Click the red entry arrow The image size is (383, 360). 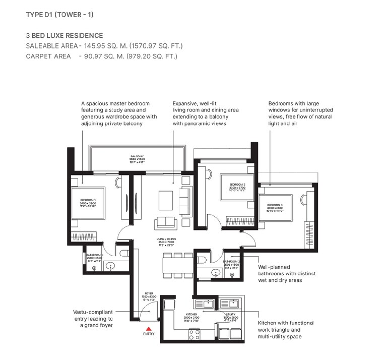148,328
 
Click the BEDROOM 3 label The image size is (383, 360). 275,207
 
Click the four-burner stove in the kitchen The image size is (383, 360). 194,333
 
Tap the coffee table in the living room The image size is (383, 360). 166,200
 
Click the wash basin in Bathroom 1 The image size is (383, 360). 112,265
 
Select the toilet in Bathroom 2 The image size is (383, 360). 202,259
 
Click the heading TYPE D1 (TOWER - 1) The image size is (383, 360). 59,15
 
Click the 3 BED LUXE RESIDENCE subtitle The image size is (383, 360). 65,35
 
